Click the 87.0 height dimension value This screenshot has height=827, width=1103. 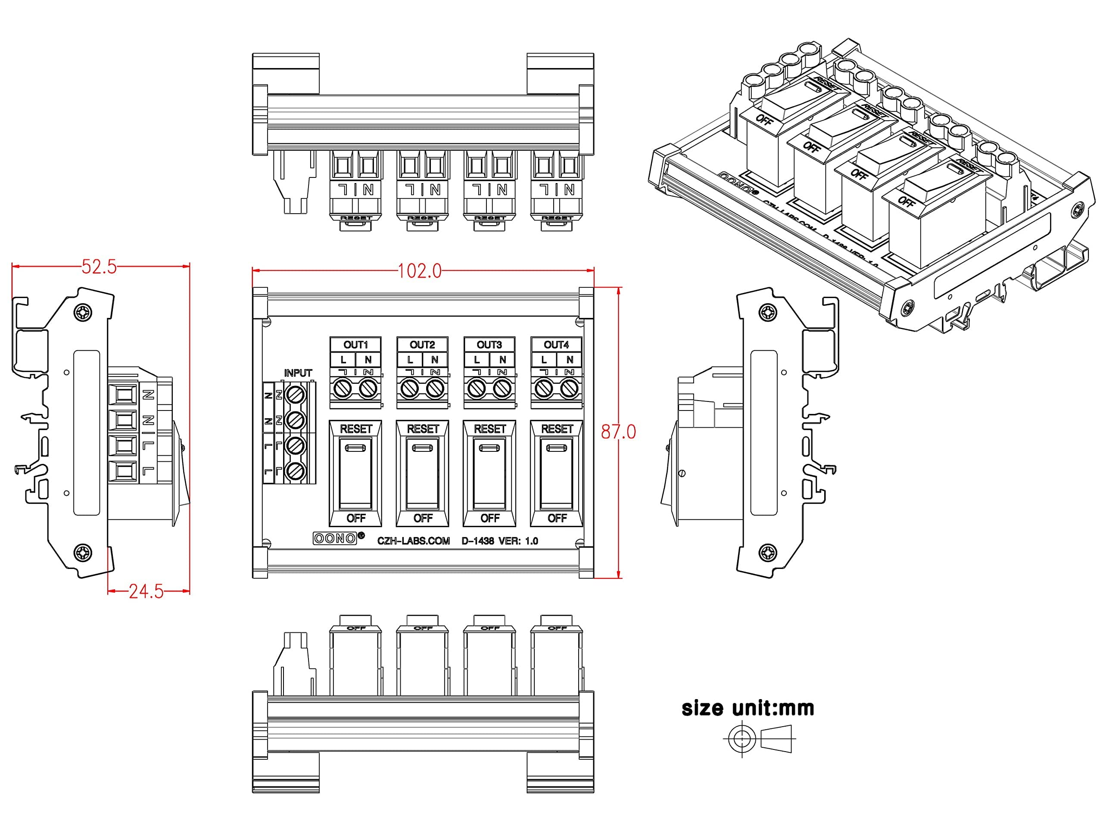coord(618,432)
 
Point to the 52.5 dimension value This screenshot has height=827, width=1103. coord(99,267)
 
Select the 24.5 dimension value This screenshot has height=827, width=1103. coord(146,592)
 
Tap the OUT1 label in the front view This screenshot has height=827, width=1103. coord(355,345)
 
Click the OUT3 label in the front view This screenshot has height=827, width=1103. coord(489,345)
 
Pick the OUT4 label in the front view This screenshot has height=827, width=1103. coord(556,345)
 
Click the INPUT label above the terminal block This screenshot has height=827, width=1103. coord(298,373)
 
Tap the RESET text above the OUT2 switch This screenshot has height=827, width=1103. coord(422,429)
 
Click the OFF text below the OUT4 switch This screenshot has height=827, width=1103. coord(557,519)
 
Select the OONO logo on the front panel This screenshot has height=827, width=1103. coord(335,538)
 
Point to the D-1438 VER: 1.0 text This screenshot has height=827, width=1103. coord(500,541)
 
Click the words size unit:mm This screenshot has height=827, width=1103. coord(748,709)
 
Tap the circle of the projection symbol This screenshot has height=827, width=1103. coord(742,738)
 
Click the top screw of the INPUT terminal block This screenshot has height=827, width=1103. coord(295,395)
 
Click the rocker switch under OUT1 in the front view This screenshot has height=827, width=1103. coord(355,473)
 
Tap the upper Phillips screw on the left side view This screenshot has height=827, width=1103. coord(83,313)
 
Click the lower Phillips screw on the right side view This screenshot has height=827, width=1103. coord(767,553)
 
